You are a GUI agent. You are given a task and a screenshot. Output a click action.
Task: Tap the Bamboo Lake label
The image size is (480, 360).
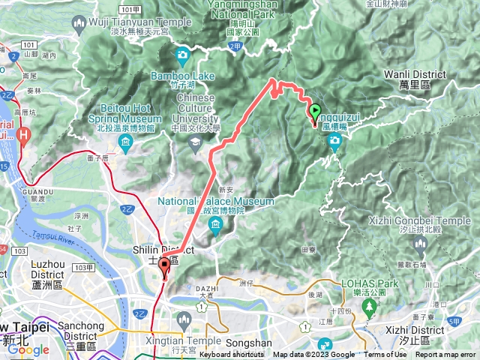point(183,76)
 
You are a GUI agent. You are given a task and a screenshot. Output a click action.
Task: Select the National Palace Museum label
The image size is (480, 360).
point(211,202)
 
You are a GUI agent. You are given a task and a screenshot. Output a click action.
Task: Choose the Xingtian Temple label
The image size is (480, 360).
point(183,340)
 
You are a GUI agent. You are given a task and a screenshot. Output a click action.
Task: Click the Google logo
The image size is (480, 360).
point(28,349)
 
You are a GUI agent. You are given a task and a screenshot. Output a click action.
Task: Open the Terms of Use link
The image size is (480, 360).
point(385,355)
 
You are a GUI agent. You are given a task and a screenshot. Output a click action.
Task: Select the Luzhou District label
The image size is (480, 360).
point(52,268)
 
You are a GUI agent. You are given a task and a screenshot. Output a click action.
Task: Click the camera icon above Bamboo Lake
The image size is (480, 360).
point(183,55)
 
